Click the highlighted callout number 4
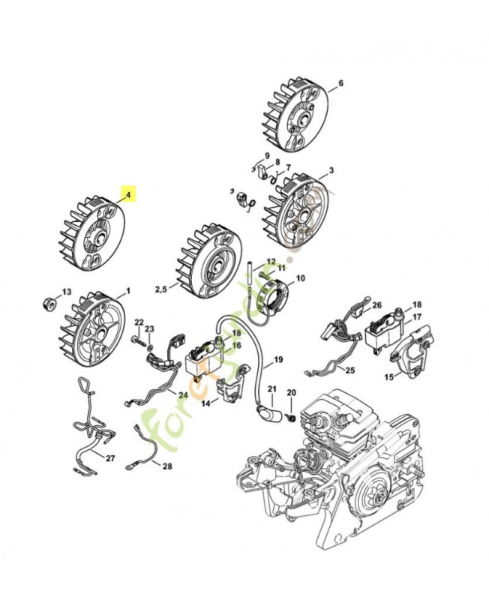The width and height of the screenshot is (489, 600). tap(128, 195)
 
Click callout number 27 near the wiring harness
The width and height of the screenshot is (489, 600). tap(110, 458)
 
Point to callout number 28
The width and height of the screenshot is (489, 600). tap(166, 466)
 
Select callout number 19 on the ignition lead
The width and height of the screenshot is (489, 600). tap(277, 360)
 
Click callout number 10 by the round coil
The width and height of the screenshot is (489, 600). tap(301, 278)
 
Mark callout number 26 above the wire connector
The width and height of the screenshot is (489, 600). tap(377, 305)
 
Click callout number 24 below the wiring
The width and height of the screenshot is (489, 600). tap(183, 394)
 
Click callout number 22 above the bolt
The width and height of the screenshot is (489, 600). tap(139, 322)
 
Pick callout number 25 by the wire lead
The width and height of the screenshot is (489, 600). tap(349, 370)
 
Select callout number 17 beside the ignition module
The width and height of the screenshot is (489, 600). tap(417, 316)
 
